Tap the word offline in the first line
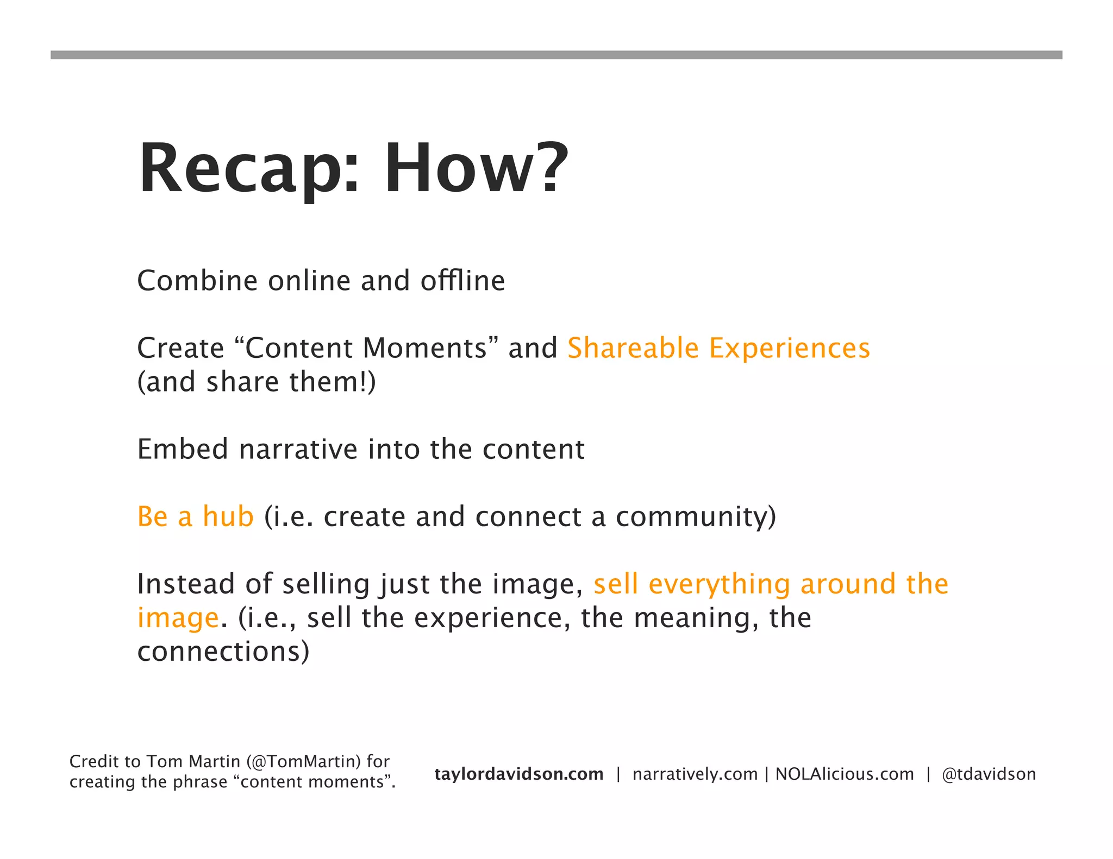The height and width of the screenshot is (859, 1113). (x=462, y=281)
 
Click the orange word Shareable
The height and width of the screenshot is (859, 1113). (x=633, y=348)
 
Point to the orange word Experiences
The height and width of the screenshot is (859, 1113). (x=790, y=348)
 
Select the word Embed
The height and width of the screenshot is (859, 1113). (x=183, y=450)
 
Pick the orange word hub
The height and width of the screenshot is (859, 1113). (x=228, y=516)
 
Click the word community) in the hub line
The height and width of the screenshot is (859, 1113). (x=696, y=516)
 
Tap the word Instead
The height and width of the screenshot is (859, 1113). (x=185, y=584)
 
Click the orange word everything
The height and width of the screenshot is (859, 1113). (x=719, y=584)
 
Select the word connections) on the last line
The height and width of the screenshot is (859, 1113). (x=223, y=652)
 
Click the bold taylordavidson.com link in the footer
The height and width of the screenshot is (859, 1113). (x=518, y=774)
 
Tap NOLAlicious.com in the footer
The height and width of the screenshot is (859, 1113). (x=845, y=774)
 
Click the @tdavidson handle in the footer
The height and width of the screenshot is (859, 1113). (x=989, y=774)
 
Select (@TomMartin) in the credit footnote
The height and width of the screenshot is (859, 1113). (x=303, y=761)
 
